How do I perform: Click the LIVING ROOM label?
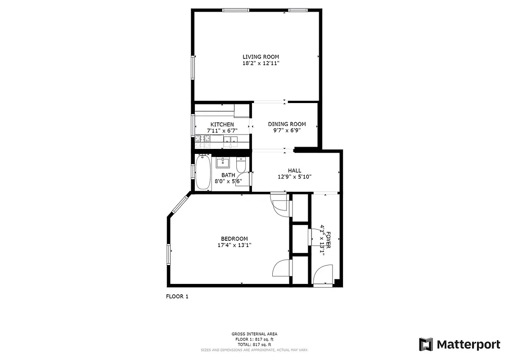pos(261,57)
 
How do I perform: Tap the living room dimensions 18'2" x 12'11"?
pos(261,63)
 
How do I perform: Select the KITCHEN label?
pos(222,124)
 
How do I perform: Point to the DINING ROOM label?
pos(287,124)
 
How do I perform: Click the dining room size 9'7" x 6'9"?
pos(287,130)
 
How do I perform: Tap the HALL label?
pos(295,171)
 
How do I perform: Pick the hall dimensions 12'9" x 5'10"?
pos(295,177)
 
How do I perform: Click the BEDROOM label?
pos(234,238)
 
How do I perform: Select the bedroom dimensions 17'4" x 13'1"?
pos(234,245)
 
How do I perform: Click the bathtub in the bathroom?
pos(203,172)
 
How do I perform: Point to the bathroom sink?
pos(223,162)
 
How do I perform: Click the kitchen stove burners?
pos(202,141)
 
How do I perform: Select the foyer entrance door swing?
pos(322,274)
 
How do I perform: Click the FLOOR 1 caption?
pos(177,297)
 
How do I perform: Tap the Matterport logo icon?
pos(426,344)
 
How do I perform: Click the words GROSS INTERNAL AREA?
pos(254,334)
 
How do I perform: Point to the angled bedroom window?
pos(180,204)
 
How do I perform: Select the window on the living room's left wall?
pos(193,67)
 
